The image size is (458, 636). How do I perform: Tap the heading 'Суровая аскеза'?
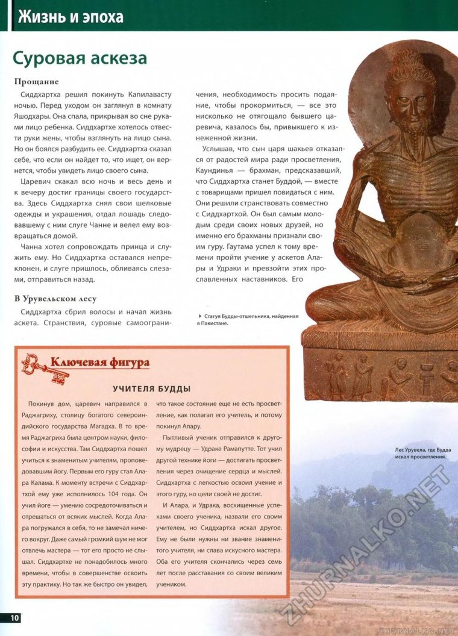80,58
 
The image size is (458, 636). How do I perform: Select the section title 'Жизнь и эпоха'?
71,16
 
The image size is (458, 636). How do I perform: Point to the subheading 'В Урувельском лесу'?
55,298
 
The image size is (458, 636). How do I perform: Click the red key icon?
45,367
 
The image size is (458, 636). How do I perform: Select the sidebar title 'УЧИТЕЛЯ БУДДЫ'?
152,388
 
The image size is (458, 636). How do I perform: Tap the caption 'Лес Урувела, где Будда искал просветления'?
421,453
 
